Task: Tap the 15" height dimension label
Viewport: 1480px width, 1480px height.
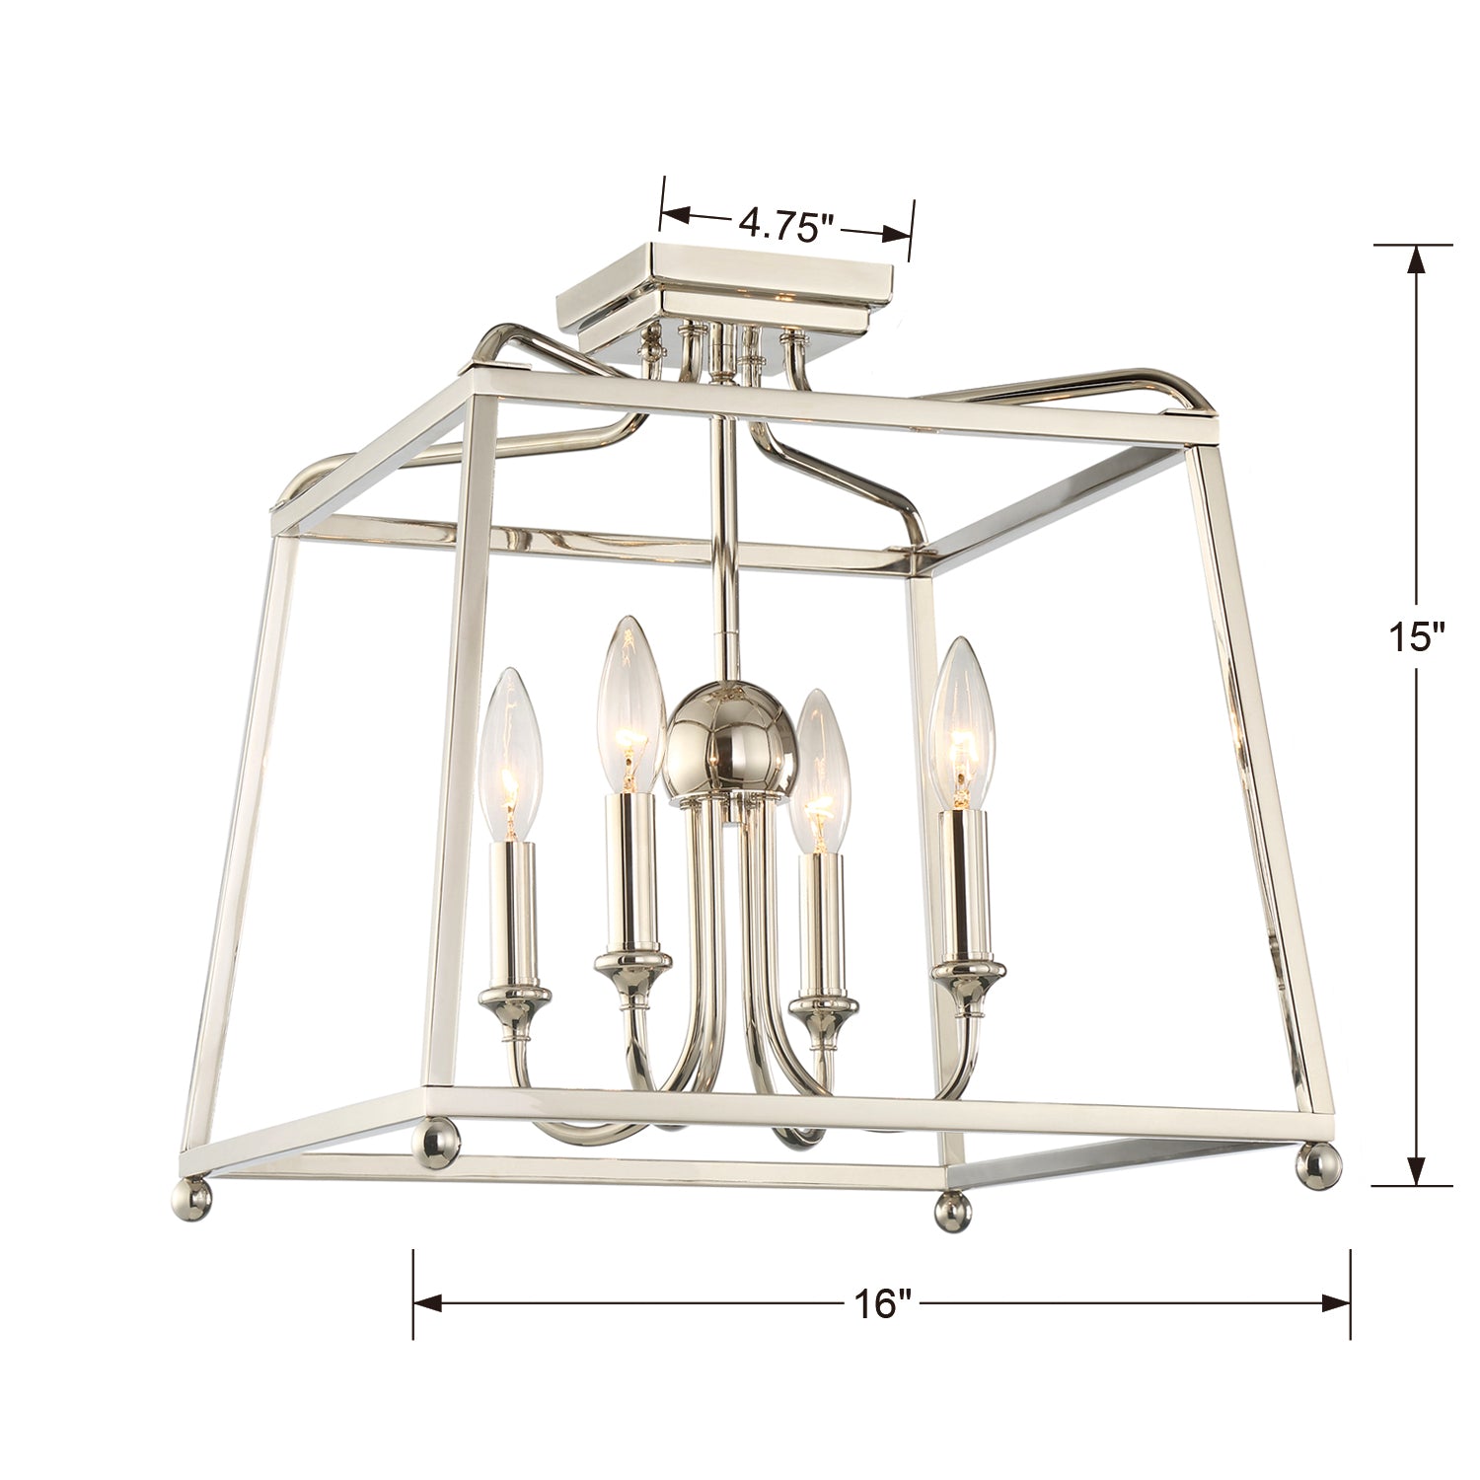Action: point(1418,635)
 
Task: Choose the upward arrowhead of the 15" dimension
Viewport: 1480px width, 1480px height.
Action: point(1418,259)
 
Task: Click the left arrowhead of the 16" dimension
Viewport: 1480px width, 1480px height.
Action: point(429,1303)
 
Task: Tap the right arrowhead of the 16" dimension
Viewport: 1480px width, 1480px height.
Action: point(1334,1303)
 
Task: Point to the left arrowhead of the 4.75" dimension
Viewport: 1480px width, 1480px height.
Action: point(675,214)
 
